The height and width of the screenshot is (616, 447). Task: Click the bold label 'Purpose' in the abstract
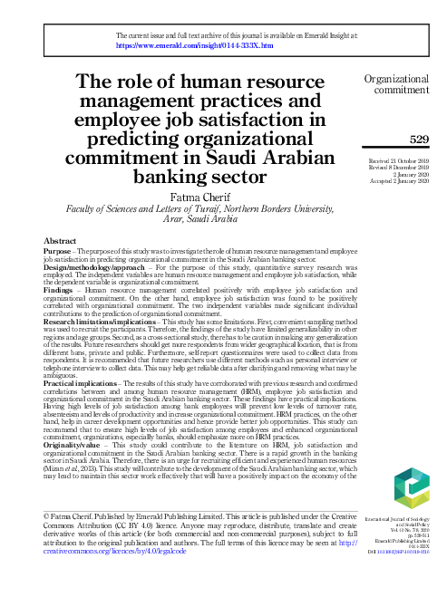pyautogui.click(x=57, y=252)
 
